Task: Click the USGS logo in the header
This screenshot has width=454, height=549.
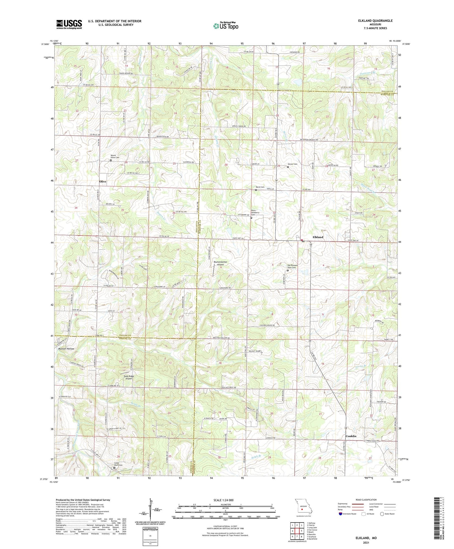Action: [69, 24]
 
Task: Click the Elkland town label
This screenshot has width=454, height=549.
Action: [318, 237]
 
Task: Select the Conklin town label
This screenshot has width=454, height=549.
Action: [351, 436]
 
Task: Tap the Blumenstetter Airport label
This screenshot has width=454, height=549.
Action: [221, 263]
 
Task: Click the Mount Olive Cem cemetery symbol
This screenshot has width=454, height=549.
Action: [111, 160]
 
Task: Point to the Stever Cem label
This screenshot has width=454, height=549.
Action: [293, 164]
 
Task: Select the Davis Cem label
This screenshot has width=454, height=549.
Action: [260, 187]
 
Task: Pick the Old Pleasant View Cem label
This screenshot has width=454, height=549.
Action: [293, 266]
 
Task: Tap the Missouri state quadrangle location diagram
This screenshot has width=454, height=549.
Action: [303, 508]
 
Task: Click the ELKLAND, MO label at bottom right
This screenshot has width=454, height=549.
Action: [366, 538]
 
